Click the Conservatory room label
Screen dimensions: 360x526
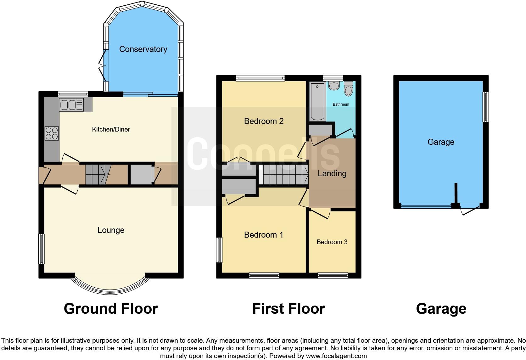143,49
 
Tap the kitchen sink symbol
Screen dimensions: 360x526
71,105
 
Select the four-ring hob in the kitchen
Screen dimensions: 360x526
52,133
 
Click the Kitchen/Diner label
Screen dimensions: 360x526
111,129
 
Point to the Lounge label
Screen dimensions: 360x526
111,230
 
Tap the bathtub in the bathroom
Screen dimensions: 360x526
317,101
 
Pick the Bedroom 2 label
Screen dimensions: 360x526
264,121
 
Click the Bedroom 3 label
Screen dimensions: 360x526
332,242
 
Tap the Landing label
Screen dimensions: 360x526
332,173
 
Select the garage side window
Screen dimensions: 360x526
486,107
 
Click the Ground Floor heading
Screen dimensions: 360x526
111,309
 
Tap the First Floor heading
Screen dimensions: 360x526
288,309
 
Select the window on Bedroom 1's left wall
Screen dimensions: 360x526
219,250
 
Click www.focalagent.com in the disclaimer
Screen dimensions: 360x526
336,356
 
